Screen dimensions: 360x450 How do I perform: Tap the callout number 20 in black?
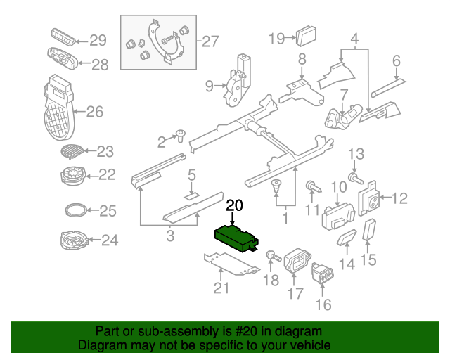coord(234,206)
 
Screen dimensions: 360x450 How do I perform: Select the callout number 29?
coord(96,40)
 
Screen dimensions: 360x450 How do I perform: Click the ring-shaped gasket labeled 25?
coord(76,210)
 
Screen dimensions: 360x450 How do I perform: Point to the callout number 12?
coord(398,198)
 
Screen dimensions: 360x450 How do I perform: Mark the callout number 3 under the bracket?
coord(170,236)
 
